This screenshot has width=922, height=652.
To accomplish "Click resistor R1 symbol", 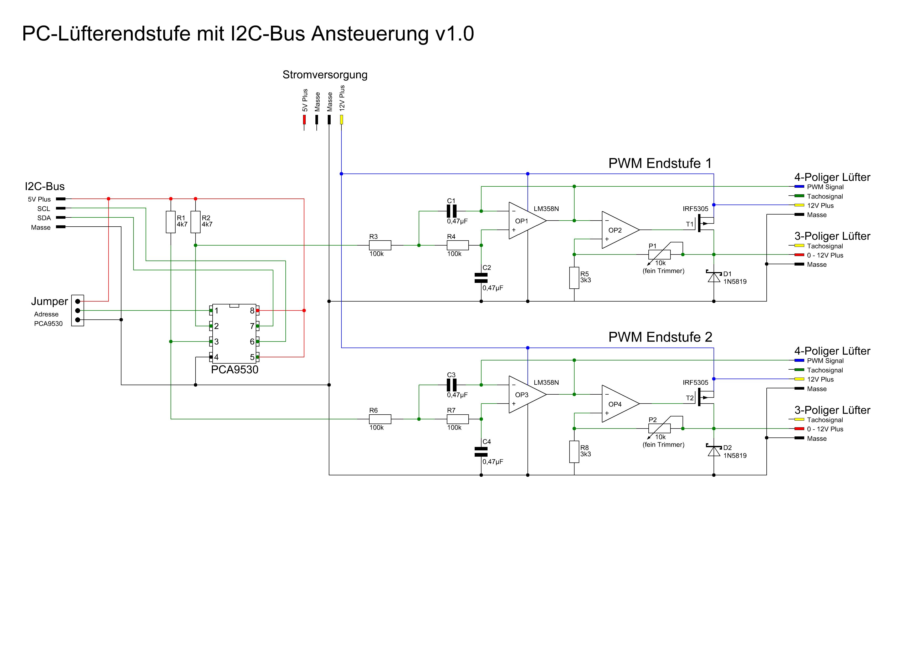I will [x=171, y=222].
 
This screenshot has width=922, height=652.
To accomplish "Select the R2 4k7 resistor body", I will [x=196, y=222].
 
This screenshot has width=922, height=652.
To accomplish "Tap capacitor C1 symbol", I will [x=452, y=211].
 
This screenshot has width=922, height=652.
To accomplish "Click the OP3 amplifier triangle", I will [x=526, y=395].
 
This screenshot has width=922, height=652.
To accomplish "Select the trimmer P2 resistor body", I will [x=659, y=429].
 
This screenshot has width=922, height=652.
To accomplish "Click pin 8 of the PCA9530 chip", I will [x=257, y=310].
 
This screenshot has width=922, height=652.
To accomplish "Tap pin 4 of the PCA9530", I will [x=211, y=357].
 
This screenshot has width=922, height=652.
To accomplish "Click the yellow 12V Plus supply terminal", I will [x=342, y=119].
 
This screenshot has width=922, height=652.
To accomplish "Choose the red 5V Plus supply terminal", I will [x=304, y=119].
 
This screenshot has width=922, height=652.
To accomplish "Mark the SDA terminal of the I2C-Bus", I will [x=61, y=218].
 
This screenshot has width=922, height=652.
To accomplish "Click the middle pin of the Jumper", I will [x=78, y=310].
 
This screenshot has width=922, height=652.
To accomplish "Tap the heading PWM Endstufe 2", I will [x=660, y=337].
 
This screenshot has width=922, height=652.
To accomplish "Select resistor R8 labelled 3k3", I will [x=574, y=452].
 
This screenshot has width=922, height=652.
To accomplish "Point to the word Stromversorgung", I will [x=325, y=75].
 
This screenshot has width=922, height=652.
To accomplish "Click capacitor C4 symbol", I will [x=481, y=452].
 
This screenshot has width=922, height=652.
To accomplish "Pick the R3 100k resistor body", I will [x=380, y=245].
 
